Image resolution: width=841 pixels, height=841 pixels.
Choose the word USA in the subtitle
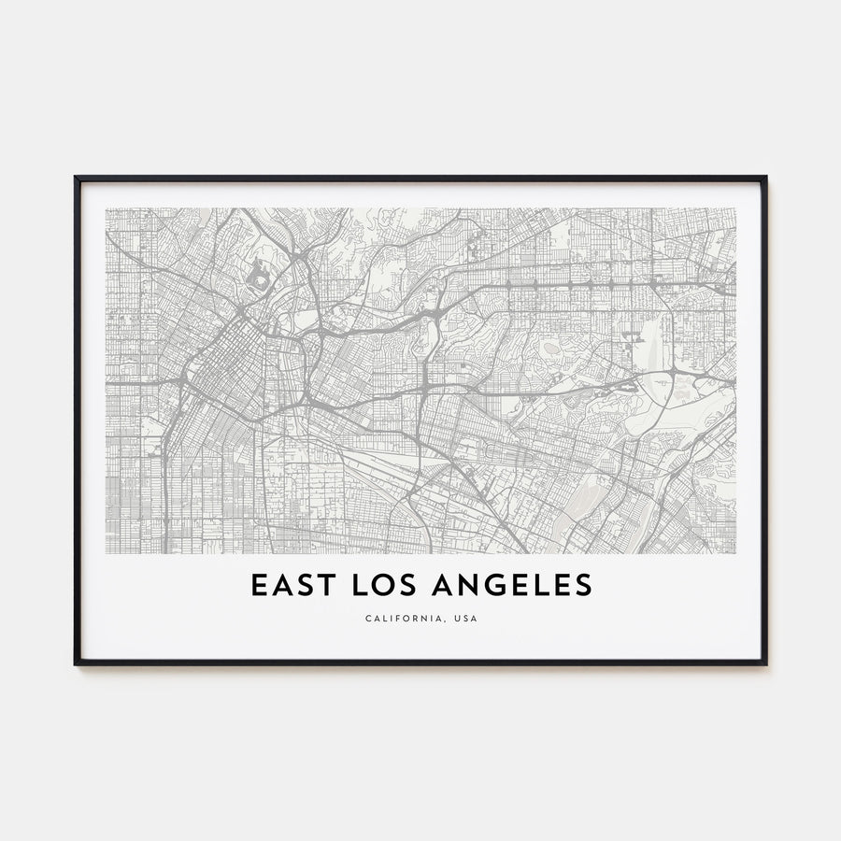coord(463,619)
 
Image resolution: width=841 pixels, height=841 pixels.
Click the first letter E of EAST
coord(258,585)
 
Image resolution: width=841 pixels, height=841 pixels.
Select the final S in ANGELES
coord(583,585)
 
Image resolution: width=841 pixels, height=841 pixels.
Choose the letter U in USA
coord(453,619)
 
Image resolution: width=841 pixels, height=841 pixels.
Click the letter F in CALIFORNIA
coord(394,619)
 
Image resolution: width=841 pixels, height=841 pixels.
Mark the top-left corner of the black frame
coord(77,178)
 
